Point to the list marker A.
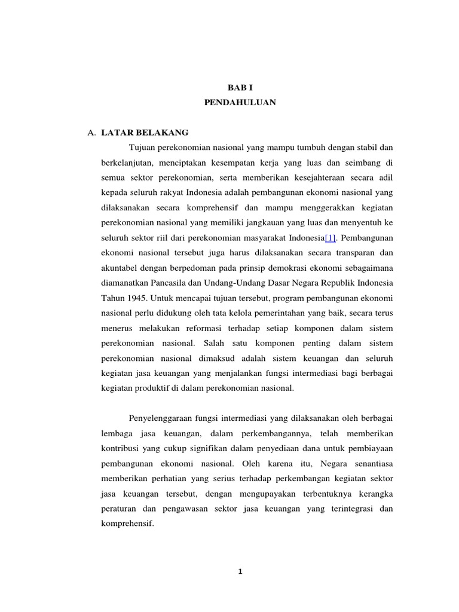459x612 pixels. pyautogui.click(x=91, y=133)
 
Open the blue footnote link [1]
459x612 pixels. pyautogui.click(x=331, y=238)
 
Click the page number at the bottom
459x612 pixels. pyautogui.click(x=240, y=571)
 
